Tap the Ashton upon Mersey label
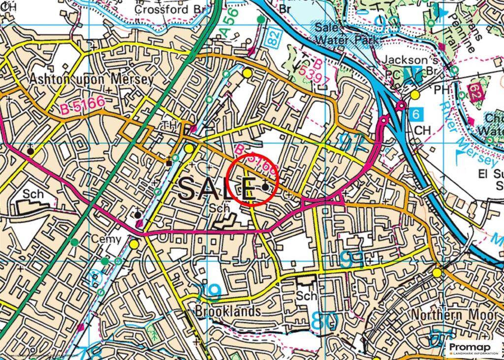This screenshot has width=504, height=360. coord(91,79)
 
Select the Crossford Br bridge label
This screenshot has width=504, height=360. coord(168,9)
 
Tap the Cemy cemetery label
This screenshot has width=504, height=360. coord(106,239)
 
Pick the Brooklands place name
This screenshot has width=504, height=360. coord(227,311)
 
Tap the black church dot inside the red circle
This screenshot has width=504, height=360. coord(266,187)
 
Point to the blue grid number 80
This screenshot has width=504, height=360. coord(324,321)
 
